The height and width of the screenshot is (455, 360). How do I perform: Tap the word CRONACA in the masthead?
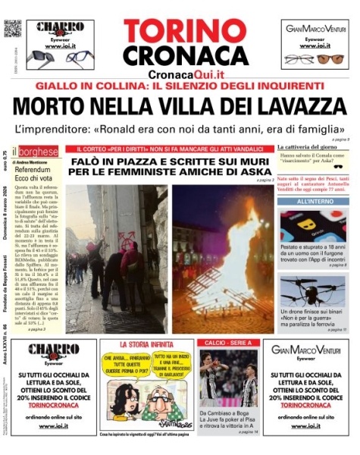[180, 56]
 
